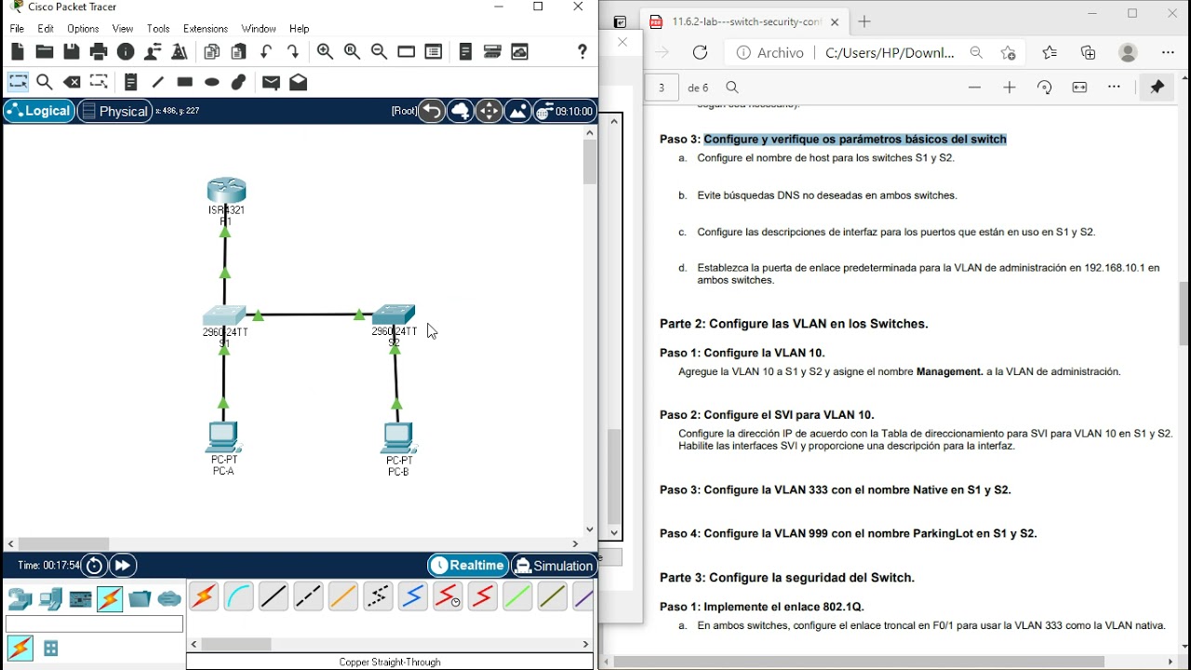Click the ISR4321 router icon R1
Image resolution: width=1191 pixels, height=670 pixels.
pyautogui.click(x=226, y=191)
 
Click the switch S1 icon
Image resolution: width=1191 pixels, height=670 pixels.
pyautogui.click(x=224, y=315)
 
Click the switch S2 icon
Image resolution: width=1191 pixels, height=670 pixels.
pyautogui.click(x=394, y=315)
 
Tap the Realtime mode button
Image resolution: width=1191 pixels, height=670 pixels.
pyautogui.click(x=468, y=566)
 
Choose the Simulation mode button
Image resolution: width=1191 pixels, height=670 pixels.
pyautogui.click(x=554, y=566)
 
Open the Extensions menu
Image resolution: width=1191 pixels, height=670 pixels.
pyautogui.click(x=206, y=29)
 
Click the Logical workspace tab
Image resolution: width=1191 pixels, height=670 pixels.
pyautogui.click(x=39, y=111)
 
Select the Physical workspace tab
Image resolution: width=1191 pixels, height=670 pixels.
pyautogui.click(x=114, y=111)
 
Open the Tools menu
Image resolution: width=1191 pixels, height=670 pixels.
pyautogui.click(x=158, y=29)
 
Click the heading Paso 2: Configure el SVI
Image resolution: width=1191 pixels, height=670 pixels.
pyautogui.click(x=767, y=415)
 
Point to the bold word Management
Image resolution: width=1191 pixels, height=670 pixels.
pyautogui.click(x=949, y=371)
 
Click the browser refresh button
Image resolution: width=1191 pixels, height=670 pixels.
pyautogui.click(x=701, y=53)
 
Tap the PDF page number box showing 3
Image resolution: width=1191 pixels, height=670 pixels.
pyautogui.click(x=662, y=87)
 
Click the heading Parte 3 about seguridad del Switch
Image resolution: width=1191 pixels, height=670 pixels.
pyautogui.click(x=786, y=578)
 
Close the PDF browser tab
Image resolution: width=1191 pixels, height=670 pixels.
pyautogui.click(x=835, y=22)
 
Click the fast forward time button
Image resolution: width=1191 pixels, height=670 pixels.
pyautogui.click(x=123, y=566)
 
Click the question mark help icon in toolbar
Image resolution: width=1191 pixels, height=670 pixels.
pyautogui.click(x=582, y=52)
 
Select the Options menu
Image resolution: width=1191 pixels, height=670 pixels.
pyautogui.click(x=83, y=29)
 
